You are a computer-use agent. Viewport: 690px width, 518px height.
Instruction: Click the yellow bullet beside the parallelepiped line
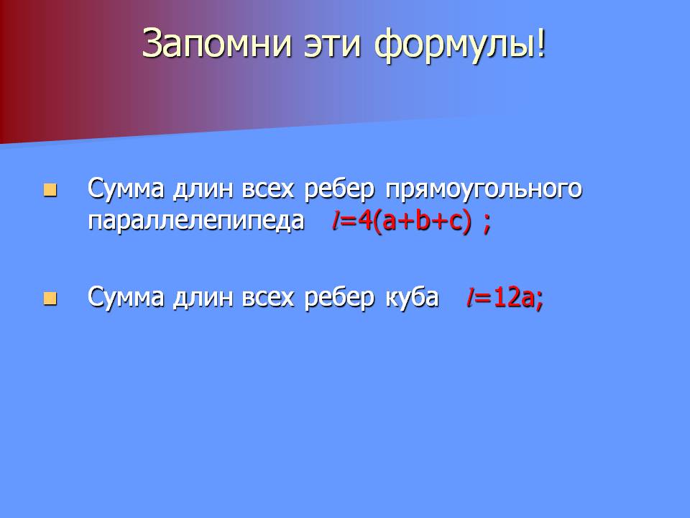[50, 190]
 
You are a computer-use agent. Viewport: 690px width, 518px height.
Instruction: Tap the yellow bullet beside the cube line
[50, 298]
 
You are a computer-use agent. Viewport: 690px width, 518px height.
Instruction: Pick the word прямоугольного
[484, 189]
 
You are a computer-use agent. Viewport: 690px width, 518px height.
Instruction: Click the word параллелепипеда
[196, 221]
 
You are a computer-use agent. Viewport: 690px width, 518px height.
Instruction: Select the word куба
[413, 296]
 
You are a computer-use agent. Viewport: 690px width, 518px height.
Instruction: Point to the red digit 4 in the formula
[365, 221]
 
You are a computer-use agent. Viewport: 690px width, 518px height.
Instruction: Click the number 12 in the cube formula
[506, 297]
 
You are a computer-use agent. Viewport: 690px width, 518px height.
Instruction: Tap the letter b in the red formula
[423, 219]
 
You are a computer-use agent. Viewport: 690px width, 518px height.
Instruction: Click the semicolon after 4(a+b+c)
[487, 224]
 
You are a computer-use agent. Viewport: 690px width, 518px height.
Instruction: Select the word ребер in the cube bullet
[339, 297]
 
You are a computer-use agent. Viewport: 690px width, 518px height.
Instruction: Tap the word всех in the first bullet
[267, 190]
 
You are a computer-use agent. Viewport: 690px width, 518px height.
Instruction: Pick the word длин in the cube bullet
[203, 298]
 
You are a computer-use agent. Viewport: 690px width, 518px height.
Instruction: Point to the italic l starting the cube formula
[470, 297]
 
